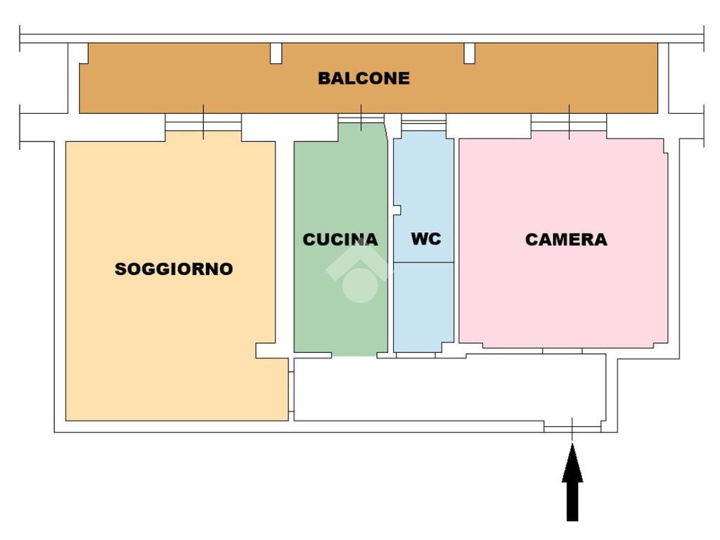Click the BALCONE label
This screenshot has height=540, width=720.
[x=364, y=78]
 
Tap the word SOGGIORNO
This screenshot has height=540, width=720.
[x=174, y=269]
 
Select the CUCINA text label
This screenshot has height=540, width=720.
[x=340, y=240]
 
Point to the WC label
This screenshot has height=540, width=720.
[x=426, y=239]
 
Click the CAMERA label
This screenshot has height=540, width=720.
[x=566, y=240]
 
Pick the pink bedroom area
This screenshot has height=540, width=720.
[x=562, y=295]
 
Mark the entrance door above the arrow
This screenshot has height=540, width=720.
[x=572, y=427]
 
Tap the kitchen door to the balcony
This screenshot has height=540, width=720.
[x=361, y=118]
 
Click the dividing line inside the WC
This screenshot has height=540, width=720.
[x=423, y=263]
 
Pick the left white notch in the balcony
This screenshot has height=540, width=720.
[x=276, y=53]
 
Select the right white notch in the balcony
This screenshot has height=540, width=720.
[x=469, y=53]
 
